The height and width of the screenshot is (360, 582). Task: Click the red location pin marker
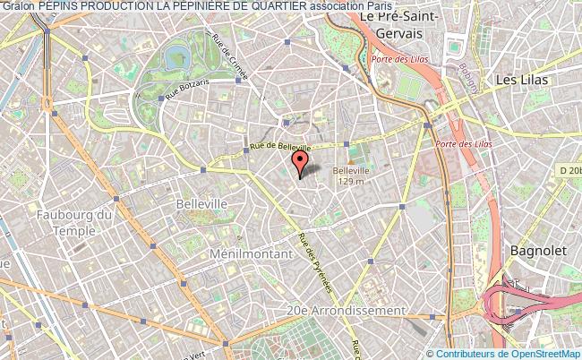pos(301,162)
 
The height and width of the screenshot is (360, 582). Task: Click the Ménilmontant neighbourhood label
pos(251,254)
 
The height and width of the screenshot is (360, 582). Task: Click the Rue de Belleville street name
pos(280,147)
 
